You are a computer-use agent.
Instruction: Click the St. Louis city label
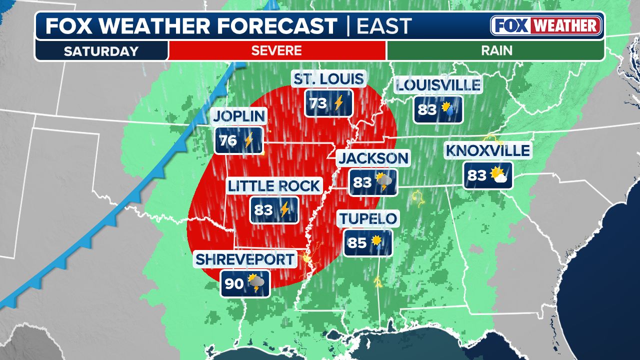click(328, 78)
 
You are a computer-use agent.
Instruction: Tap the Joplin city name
click(238, 116)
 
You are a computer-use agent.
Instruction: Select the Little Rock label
click(273, 186)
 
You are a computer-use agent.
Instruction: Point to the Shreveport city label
click(245, 259)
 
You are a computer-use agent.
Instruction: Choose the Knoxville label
click(487, 150)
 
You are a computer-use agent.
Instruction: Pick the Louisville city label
click(438, 85)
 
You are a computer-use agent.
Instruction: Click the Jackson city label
click(373, 158)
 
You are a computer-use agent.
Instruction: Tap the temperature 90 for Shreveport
click(233, 284)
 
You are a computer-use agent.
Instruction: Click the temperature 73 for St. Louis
click(318, 103)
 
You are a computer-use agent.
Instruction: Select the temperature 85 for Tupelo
click(357, 242)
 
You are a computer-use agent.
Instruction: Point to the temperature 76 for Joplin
click(228, 141)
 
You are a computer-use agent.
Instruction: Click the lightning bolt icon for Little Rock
click(284, 209)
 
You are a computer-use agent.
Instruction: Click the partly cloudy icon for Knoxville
click(498, 175)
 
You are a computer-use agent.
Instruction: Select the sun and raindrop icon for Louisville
click(448, 109)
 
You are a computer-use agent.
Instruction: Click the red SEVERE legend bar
click(276, 50)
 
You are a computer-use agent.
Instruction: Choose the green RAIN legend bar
click(495, 50)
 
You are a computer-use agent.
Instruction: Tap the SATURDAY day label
click(101, 51)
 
